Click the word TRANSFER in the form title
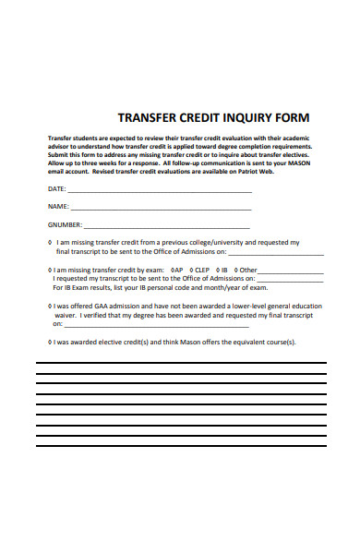[x=146, y=118]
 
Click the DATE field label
[x=57, y=189]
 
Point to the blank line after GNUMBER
[x=167, y=226]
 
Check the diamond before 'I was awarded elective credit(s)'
[x=49, y=342]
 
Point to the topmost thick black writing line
[x=180, y=363]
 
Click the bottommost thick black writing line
[x=180, y=446]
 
